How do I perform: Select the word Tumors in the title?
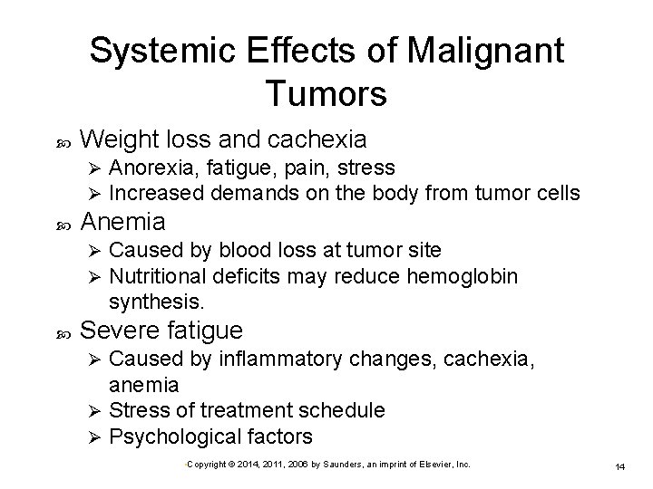(327, 92)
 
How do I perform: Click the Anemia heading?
(123, 221)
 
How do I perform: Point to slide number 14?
(620, 466)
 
